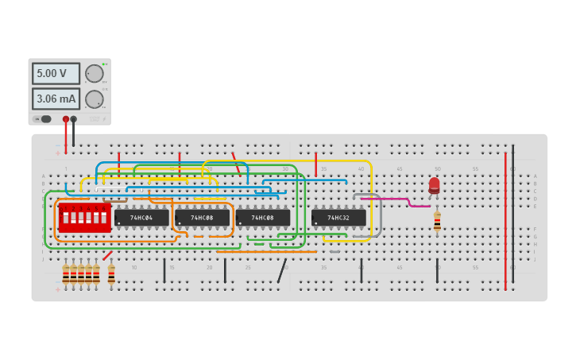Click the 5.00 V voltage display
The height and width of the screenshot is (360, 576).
tap(56, 73)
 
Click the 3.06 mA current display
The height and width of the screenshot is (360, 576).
tap(56, 99)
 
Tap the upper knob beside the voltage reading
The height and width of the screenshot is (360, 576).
tap(95, 74)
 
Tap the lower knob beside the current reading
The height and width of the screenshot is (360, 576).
tap(95, 99)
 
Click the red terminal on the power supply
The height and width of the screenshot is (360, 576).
tap(66, 119)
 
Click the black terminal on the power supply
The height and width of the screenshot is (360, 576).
tap(74, 119)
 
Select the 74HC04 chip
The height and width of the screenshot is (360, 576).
tap(141, 217)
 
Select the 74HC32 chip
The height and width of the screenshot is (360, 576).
tap(338, 217)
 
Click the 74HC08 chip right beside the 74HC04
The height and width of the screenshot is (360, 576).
tap(202, 217)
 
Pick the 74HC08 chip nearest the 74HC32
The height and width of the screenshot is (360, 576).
tap(262, 217)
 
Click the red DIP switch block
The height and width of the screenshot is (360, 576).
tap(84, 217)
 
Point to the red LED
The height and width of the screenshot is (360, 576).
tap(434, 185)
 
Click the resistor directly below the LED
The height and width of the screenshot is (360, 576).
tap(437, 222)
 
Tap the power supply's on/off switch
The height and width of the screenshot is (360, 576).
tap(45, 119)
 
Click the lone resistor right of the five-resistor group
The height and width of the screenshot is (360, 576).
tap(111, 274)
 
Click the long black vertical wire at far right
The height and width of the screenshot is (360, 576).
tap(512, 215)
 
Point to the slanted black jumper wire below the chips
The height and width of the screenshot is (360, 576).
tap(282, 270)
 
